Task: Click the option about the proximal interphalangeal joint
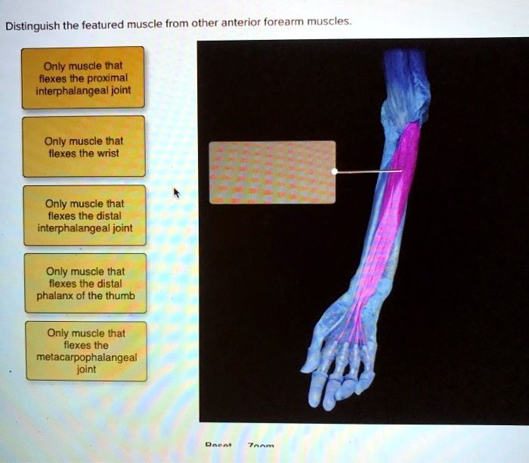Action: pyautogui.click(x=82, y=77)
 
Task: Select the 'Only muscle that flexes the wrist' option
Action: pyautogui.click(x=83, y=147)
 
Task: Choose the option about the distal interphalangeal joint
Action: pyautogui.click(x=84, y=215)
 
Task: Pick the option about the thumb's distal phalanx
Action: pyautogui.click(x=85, y=283)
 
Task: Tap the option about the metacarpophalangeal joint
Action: pyautogui.click(x=85, y=351)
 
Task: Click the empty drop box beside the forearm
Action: pyautogui.click(x=272, y=172)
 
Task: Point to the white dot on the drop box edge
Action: pyautogui.click(x=335, y=172)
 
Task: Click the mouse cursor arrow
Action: pyautogui.click(x=177, y=194)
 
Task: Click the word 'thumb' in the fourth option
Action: pyautogui.click(x=120, y=296)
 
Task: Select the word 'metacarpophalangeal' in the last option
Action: pyautogui.click(x=86, y=358)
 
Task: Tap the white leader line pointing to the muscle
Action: pyautogui.click(x=370, y=172)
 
